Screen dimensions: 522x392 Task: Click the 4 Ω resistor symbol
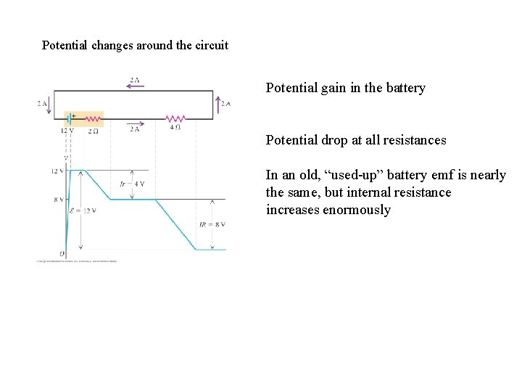[x=175, y=118]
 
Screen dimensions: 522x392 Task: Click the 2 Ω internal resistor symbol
[x=94, y=118]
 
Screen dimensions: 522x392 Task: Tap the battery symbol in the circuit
[x=71, y=118]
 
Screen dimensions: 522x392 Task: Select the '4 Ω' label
[x=175, y=128]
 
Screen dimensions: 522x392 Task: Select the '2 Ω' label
[x=94, y=131]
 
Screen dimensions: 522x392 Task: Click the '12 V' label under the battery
[x=67, y=131]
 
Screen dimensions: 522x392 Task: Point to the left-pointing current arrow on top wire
[x=136, y=86]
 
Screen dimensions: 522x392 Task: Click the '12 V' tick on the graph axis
[x=57, y=171]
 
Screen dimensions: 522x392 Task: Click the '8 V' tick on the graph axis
[x=59, y=199]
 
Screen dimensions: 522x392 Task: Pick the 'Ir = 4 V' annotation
[x=132, y=184]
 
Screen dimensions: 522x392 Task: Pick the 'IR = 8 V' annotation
[x=212, y=225]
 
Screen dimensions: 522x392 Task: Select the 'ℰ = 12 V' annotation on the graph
[x=83, y=211]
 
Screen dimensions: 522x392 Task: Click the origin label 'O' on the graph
[x=62, y=254]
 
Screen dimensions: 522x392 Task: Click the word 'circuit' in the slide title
[x=210, y=45]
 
